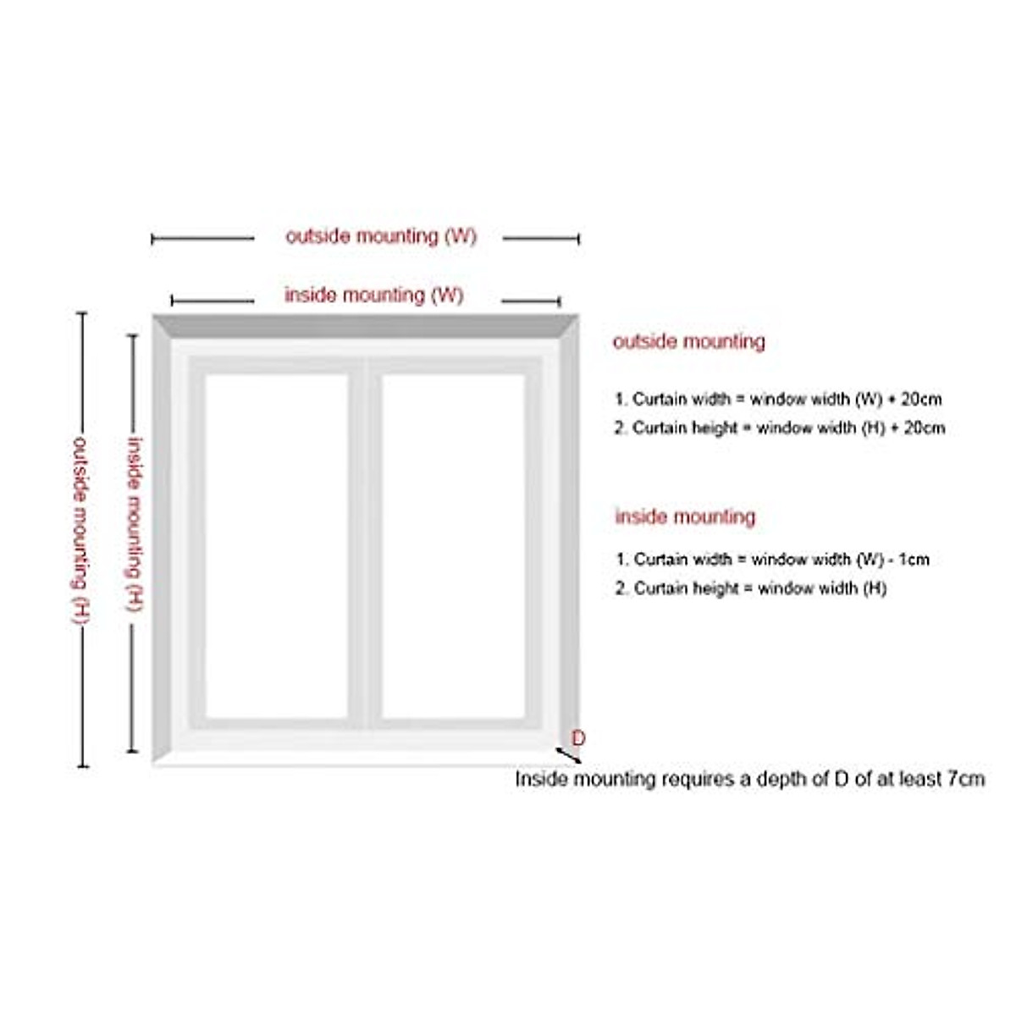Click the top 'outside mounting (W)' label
click(381, 236)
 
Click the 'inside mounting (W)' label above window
click(373, 295)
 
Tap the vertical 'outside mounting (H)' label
click(80, 530)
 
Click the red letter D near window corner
click(578, 738)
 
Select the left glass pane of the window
click(276, 546)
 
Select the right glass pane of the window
click(453, 546)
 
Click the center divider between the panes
click(365, 546)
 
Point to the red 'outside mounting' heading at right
click(688, 342)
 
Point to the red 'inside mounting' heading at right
click(685, 516)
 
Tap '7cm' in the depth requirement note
click(966, 779)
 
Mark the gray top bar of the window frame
click(365, 326)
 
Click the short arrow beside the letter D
click(566, 754)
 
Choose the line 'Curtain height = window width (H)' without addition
click(751, 588)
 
